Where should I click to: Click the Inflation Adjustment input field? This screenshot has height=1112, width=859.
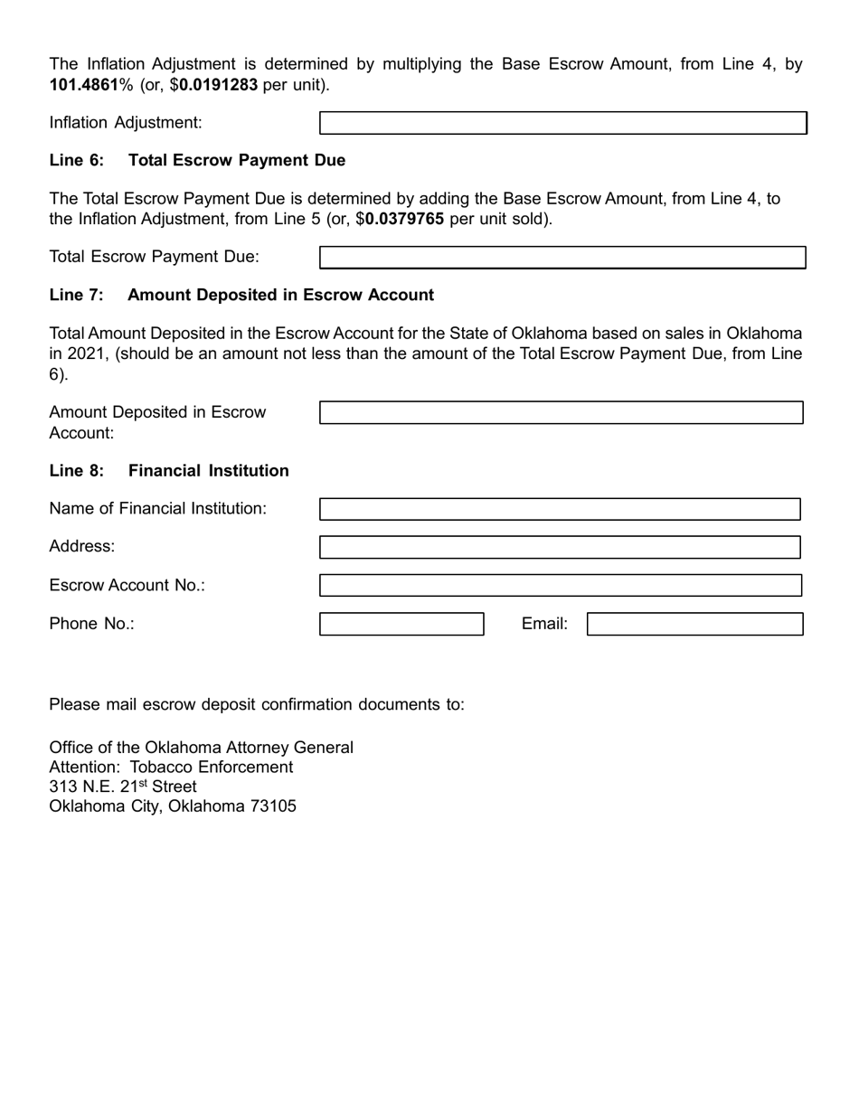click(x=562, y=123)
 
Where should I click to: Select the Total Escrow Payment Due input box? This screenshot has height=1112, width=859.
click(x=562, y=258)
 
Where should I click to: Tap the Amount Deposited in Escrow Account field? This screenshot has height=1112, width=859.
click(x=561, y=412)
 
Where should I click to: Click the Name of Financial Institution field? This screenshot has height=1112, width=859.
click(x=560, y=509)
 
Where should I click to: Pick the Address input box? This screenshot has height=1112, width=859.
click(x=560, y=547)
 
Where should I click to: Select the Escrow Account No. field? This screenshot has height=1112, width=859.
click(x=560, y=585)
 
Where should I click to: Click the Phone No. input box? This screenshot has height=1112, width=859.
click(x=401, y=624)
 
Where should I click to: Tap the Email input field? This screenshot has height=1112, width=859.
click(x=694, y=624)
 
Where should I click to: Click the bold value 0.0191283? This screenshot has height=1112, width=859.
click(x=218, y=85)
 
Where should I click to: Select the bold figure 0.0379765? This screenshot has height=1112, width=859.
click(x=404, y=219)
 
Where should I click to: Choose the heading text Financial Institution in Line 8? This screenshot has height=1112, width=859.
click(x=209, y=471)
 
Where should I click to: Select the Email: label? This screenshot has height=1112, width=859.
click(x=544, y=624)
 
